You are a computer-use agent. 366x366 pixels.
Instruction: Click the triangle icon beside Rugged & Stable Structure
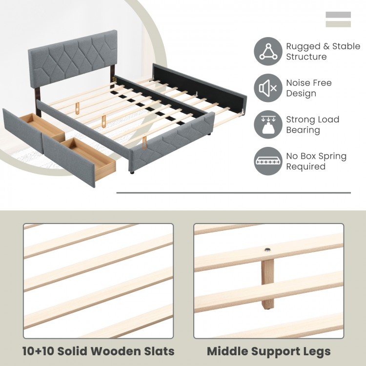pos(268,51)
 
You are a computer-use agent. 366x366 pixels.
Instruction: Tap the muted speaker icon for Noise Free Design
pos(268,88)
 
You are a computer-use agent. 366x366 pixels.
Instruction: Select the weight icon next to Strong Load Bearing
pos(268,125)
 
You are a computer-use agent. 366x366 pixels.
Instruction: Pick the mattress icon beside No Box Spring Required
pos(268,162)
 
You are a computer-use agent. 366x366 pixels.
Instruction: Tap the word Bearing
pos(303,130)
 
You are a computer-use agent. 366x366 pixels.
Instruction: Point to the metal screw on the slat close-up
pos(268,250)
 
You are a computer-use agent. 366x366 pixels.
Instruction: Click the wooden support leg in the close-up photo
pos(268,285)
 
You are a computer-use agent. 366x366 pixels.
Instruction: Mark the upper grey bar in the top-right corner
pos(338,15)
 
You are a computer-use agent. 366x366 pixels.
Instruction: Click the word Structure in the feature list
pos(306,57)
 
